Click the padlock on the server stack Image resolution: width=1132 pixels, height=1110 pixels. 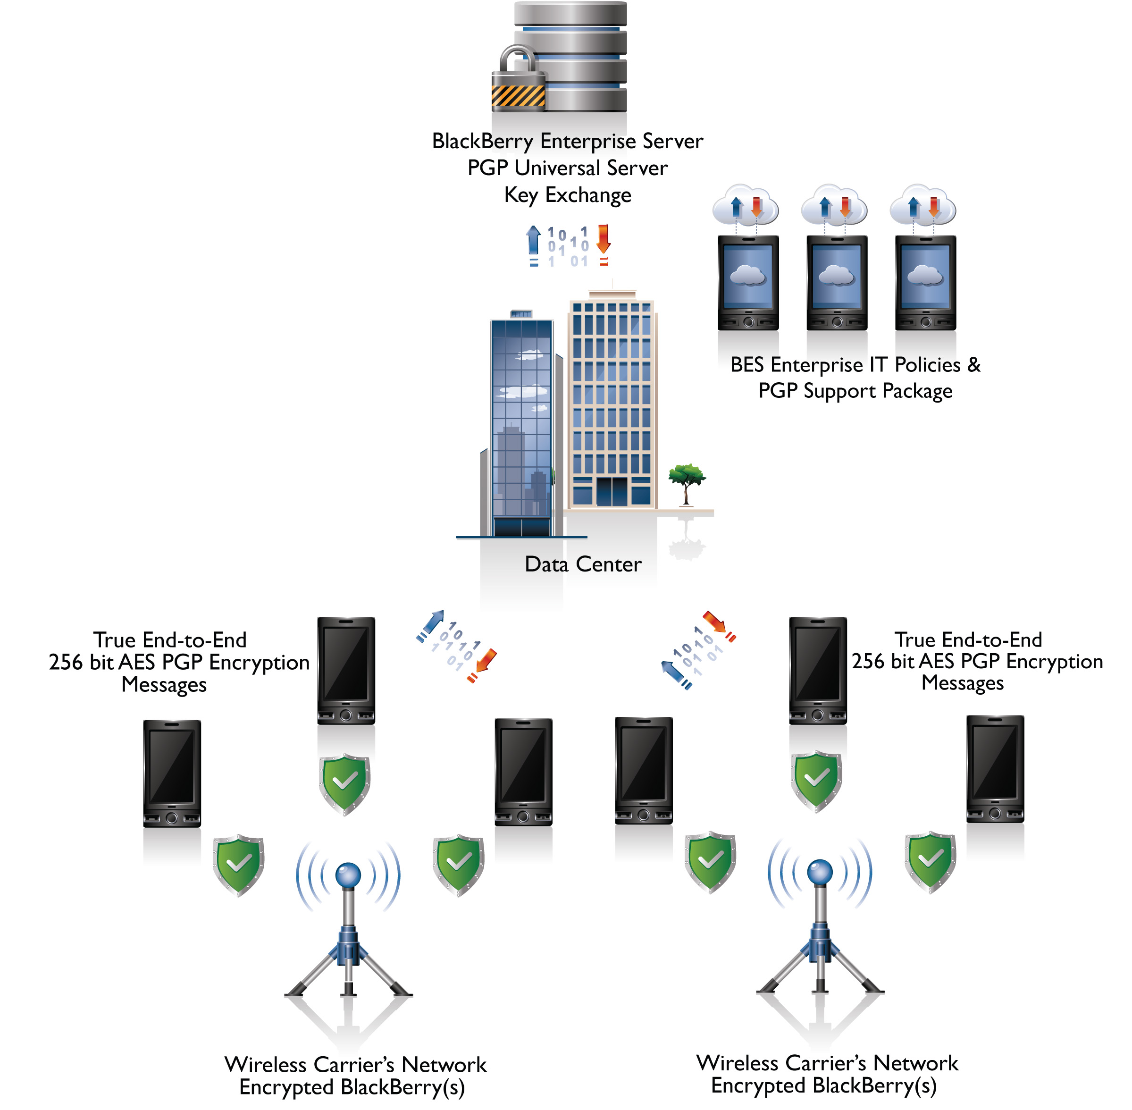pyautogui.click(x=518, y=82)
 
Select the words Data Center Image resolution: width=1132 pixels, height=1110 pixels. pyautogui.click(x=583, y=564)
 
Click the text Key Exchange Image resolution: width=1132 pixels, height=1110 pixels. pyautogui.click(x=567, y=195)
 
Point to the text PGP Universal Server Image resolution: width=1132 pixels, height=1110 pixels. pyautogui.click(x=567, y=168)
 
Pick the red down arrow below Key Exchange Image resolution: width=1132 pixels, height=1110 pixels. pyautogui.click(x=604, y=240)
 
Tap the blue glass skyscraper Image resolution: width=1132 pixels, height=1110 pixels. pyautogui.click(x=522, y=426)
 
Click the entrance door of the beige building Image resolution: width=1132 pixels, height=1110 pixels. pyautogui.click(x=612, y=491)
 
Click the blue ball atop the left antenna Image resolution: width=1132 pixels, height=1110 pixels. pyautogui.click(x=348, y=875)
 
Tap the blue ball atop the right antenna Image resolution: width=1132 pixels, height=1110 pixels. pyautogui.click(x=820, y=872)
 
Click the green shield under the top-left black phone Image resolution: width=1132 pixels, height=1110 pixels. pyautogui.click(x=345, y=783)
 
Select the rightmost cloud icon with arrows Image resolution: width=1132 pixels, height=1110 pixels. pyautogui.click(x=923, y=205)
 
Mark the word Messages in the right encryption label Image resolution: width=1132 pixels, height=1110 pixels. pyautogui.click(x=963, y=683)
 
